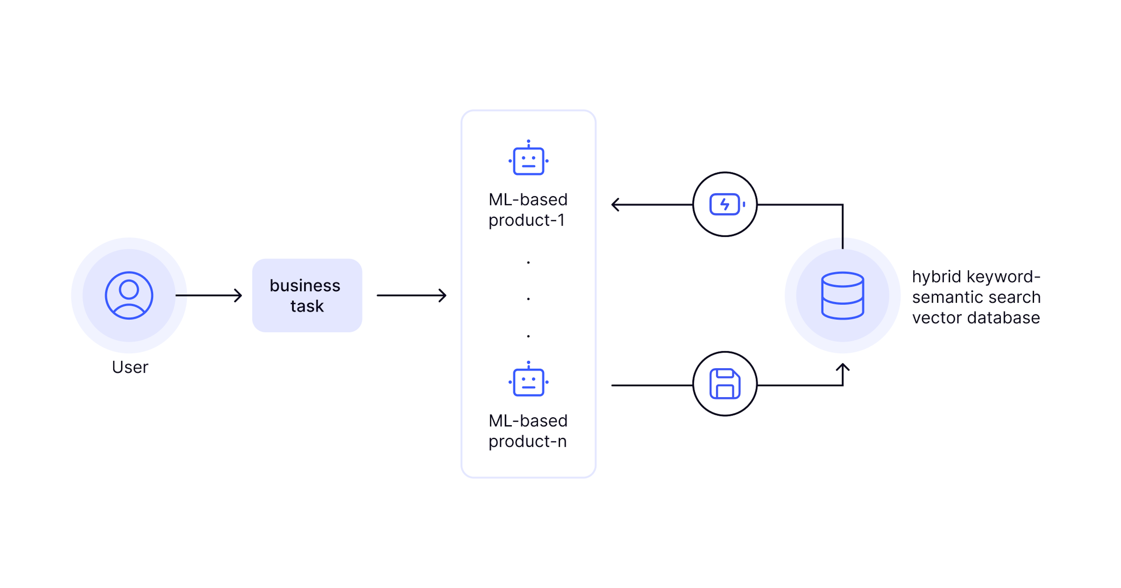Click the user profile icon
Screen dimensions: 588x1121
point(129,295)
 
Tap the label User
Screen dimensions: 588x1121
point(130,367)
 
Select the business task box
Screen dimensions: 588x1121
point(307,295)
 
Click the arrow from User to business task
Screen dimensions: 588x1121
point(209,295)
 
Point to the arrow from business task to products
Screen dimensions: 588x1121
point(412,295)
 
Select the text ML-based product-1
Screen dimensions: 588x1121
point(528,210)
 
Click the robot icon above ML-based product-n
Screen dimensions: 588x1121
point(528,380)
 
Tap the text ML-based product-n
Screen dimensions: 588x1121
point(528,430)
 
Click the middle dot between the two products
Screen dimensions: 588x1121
point(528,299)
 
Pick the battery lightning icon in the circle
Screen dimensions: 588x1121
point(725,204)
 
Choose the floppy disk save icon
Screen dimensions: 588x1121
point(725,384)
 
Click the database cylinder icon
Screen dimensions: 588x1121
point(843,295)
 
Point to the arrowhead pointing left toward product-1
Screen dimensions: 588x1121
point(615,204)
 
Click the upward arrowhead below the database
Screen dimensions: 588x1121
point(843,367)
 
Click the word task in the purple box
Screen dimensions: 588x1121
point(307,306)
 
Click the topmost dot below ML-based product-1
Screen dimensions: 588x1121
point(528,262)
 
